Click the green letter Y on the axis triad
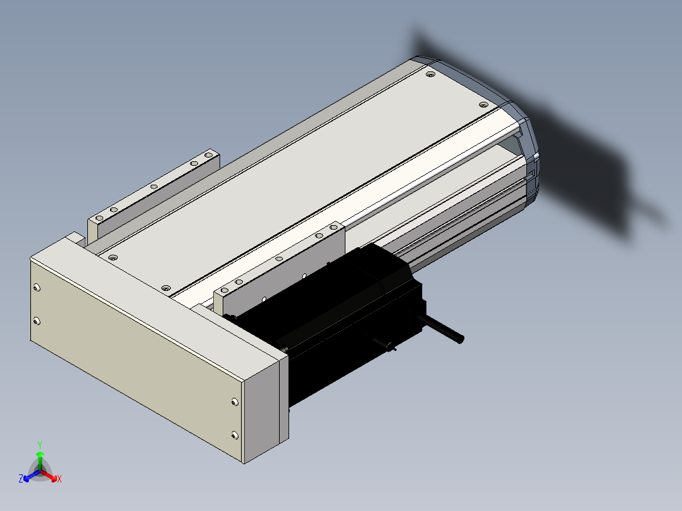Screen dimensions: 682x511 tap(40, 445)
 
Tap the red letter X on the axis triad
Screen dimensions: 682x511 tap(59, 479)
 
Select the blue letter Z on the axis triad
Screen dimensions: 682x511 tap(21, 479)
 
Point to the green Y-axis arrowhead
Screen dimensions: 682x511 tap(40, 454)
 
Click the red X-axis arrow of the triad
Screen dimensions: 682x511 tap(49, 475)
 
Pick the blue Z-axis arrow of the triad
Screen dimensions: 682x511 tap(32, 475)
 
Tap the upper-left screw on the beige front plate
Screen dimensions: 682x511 tap(37, 288)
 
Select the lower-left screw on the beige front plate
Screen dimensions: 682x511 tap(37, 321)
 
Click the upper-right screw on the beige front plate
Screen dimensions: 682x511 tap(235, 402)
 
